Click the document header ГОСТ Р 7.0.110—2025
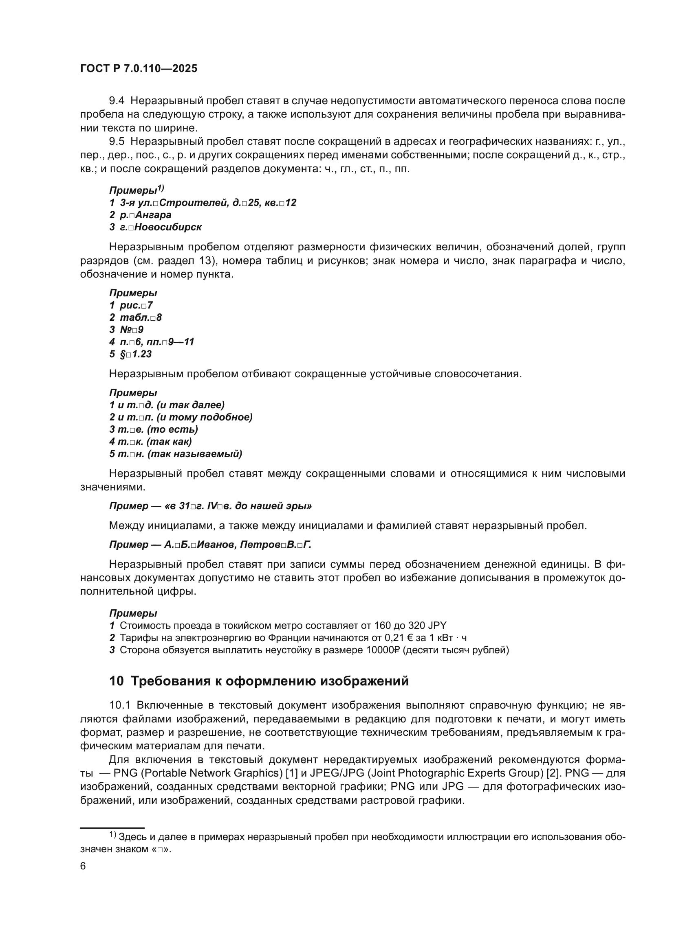139,69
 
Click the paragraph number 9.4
117,101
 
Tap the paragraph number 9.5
117,141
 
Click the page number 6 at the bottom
83,866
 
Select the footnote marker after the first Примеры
161,188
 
